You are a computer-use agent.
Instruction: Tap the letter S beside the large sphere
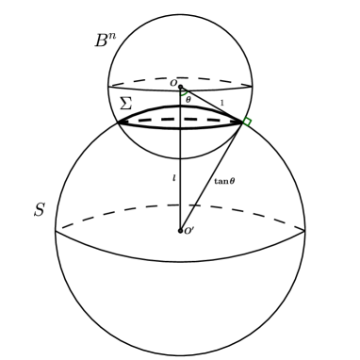39,210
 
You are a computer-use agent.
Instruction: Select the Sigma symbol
125,104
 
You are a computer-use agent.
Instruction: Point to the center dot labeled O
180,87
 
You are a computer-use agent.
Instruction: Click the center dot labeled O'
180,230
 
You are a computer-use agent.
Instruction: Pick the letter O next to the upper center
172,83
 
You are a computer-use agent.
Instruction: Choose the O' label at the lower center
189,231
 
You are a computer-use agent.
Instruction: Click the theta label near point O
188,99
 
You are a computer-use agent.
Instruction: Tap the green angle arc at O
185,93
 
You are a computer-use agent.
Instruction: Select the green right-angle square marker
247,123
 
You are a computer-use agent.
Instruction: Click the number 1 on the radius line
222,102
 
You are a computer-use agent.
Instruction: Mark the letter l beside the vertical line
173,177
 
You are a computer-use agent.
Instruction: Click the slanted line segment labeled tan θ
210,176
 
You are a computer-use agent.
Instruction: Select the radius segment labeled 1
212,105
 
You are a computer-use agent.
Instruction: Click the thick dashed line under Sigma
179,121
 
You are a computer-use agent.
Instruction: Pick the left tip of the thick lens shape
118,122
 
